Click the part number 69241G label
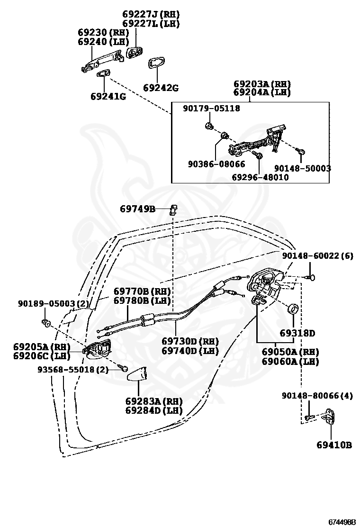(x=108, y=97)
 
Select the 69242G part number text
(x=161, y=88)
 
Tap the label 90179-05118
(x=211, y=108)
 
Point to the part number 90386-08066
(x=216, y=164)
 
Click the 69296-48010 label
(x=260, y=177)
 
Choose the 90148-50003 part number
(x=303, y=168)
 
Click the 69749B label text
(x=138, y=209)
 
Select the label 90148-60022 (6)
(x=318, y=256)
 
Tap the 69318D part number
(x=297, y=333)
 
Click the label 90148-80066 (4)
(x=317, y=396)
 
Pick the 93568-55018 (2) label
(x=73, y=370)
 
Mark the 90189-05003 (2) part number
(x=54, y=304)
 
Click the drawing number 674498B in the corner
(x=342, y=522)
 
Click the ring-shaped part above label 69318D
(x=295, y=308)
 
